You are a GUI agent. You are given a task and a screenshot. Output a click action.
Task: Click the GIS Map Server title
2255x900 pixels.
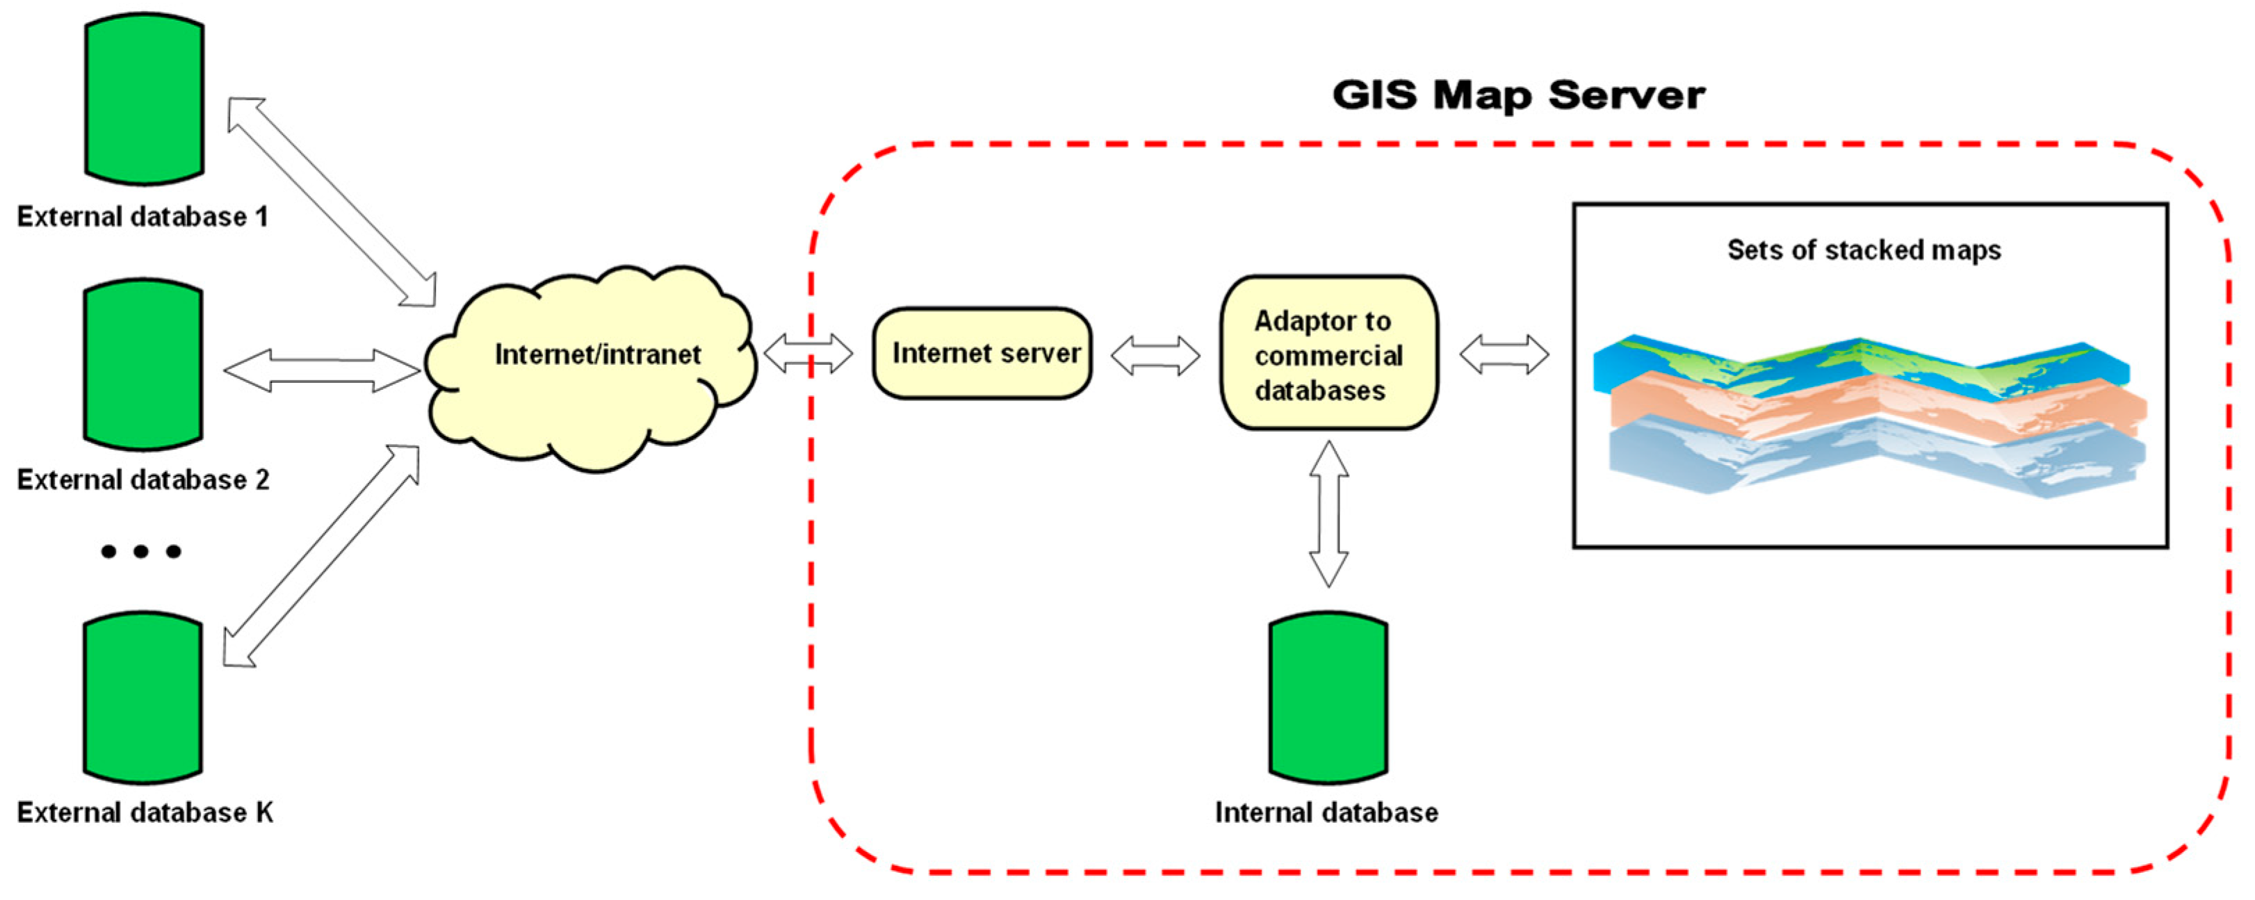(1518, 95)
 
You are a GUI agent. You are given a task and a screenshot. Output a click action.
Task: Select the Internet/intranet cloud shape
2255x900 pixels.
(591, 368)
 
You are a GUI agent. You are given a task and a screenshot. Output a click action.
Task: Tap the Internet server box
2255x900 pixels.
(982, 354)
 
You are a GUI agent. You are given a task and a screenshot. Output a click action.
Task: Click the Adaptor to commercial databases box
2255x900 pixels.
(1329, 354)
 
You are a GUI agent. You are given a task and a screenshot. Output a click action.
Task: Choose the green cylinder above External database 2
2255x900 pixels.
(145, 364)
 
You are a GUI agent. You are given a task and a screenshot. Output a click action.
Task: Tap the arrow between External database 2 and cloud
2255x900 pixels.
(321, 370)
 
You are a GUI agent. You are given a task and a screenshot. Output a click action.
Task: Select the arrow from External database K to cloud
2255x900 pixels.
(321, 556)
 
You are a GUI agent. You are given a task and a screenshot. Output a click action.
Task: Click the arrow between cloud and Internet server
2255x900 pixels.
(808, 354)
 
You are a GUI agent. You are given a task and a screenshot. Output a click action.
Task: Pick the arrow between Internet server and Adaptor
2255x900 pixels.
(1155, 355)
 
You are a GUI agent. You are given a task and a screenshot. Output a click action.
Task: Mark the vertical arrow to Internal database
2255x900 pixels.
(1328, 514)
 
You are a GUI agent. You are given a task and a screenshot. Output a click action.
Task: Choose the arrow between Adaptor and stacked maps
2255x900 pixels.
(1504, 354)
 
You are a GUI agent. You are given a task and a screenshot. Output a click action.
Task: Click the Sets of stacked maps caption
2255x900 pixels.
(1864, 250)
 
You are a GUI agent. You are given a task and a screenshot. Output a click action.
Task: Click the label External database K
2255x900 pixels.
(145, 812)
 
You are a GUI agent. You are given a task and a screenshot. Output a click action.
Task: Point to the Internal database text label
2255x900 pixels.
(1326, 812)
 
